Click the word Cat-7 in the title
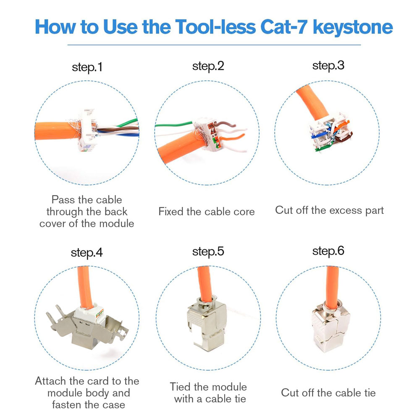(283, 27)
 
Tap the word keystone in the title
(353, 28)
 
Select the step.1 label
(87, 67)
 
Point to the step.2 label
(208, 66)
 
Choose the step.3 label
(328, 66)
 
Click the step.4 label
(87, 252)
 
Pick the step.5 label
(208, 252)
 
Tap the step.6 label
(328, 251)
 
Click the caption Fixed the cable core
(207, 212)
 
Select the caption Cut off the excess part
(329, 210)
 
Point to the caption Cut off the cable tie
(328, 393)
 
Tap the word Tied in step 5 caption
(180, 387)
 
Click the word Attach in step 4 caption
(51, 381)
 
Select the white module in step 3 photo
(330, 132)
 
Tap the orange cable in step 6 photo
(332, 286)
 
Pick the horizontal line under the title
(214, 45)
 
